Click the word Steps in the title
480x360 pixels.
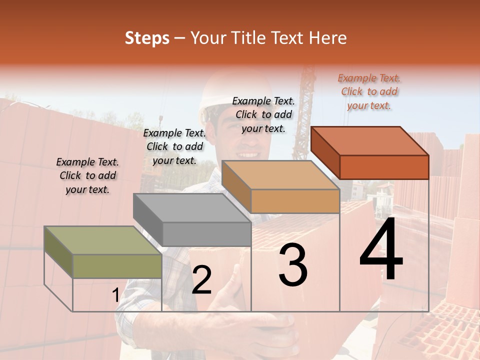[x=147, y=38]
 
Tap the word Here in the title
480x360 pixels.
[x=328, y=38]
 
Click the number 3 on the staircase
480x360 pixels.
[x=293, y=265]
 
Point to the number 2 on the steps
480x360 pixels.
[x=201, y=280]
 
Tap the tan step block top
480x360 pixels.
[x=280, y=175]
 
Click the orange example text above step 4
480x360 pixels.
[x=369, y=91]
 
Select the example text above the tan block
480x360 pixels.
[x=263, y=114]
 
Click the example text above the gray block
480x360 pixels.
[x=174, y=146]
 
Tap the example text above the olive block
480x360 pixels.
[x=87, y=175]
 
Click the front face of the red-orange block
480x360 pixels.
[x=384, y=167]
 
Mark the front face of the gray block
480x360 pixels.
[x=206, y=234]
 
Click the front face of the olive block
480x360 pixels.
[x=117, y=266]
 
